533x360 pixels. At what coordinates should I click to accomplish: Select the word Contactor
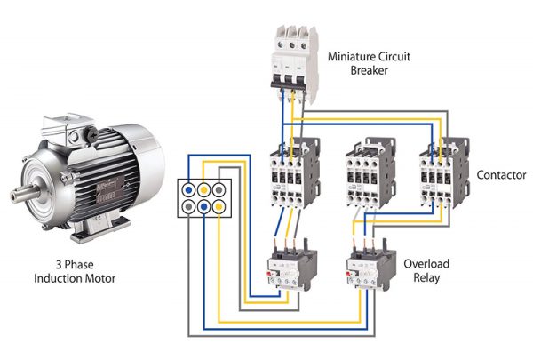[501, 175]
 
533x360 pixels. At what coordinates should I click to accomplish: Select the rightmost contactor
[443, 173]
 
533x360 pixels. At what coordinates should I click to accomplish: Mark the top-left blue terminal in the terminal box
[188, 189]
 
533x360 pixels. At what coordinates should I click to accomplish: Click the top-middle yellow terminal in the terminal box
[204, 189]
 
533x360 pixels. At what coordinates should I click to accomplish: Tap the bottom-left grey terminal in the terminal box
[188, 206]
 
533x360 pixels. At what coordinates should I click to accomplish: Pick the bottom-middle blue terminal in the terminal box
[204, 206]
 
